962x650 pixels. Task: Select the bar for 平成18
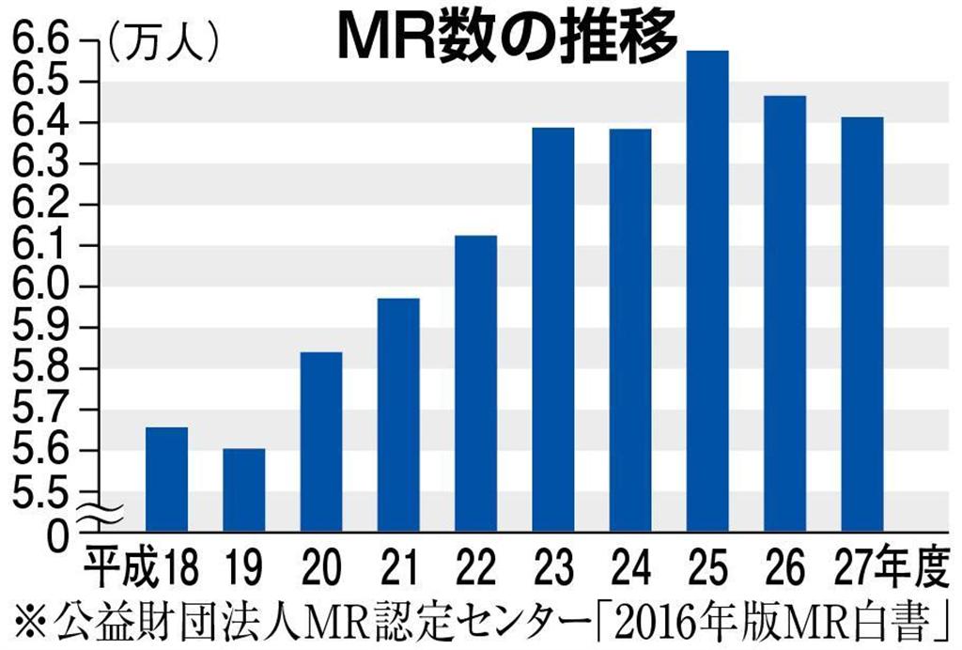(167, 479)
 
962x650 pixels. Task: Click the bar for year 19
(244, 489)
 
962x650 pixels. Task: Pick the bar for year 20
(321, 441)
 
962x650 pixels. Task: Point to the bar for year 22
(476, 383)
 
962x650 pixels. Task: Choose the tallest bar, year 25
(707, 291)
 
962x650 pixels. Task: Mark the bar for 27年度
(861, 324)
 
